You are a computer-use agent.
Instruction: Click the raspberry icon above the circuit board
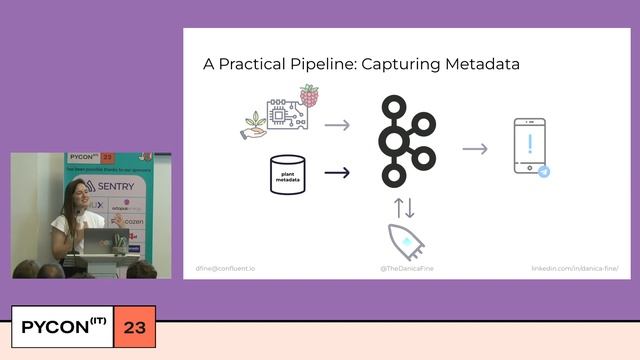(309, 96)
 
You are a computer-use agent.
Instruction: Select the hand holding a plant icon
(255, 124)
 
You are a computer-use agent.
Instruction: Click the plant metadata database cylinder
(287, 173)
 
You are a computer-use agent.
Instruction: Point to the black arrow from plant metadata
(337, 172)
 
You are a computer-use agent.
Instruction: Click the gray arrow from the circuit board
(337, 125)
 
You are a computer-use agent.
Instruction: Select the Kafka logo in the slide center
(405, 140)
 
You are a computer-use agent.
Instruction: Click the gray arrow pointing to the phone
(475, 149)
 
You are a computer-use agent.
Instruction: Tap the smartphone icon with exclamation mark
(529, 146)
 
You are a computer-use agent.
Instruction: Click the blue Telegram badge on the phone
(544, 172)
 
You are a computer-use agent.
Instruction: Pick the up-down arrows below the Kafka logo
(404, 207)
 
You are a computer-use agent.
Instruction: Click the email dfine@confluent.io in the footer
(226, 269)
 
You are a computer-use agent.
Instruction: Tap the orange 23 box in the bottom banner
(134, 327)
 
